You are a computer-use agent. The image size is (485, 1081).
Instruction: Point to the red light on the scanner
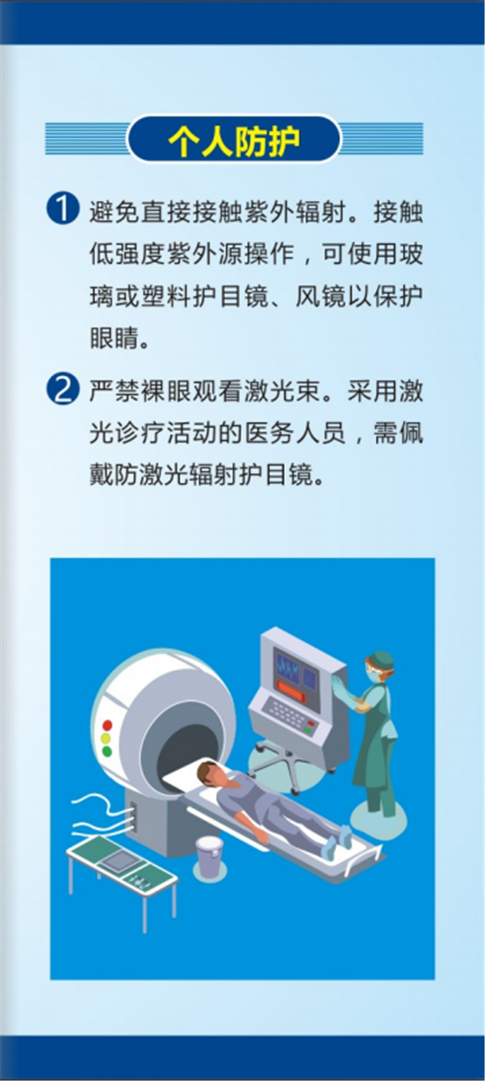(107, 725)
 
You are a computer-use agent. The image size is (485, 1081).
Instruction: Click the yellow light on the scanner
(106, 738)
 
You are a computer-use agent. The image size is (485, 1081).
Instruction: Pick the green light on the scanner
(107, 751)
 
